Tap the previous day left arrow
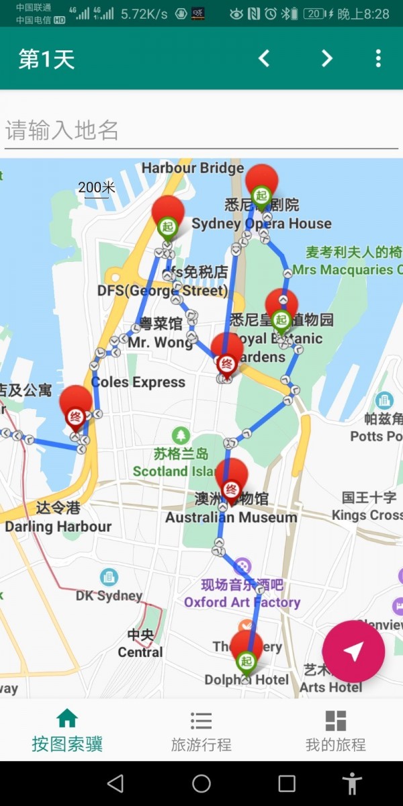(x=264, y=58)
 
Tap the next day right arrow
(x=326, y=58)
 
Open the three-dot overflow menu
(x=378, y=58)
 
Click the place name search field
(x=201, y=130)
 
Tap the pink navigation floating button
(x=353, y=651)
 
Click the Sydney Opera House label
(x=261, y=224)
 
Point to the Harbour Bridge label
(x=192, y=168)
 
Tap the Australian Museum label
(x=231, y=517)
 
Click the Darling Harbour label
(x=58, y=527)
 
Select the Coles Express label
(x=138, y=382)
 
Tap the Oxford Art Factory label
(x=242, y=602)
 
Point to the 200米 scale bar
(x=96, y=188)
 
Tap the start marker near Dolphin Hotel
(x=247, y=652)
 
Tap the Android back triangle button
(x=116, y=783)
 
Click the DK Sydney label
(x=109, y=595)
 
